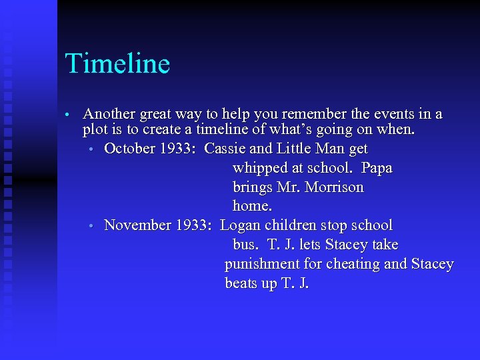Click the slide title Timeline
tap(117, 64)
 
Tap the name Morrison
tap(334, 187)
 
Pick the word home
tap(249, 207)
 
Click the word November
tap(137, 225)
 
